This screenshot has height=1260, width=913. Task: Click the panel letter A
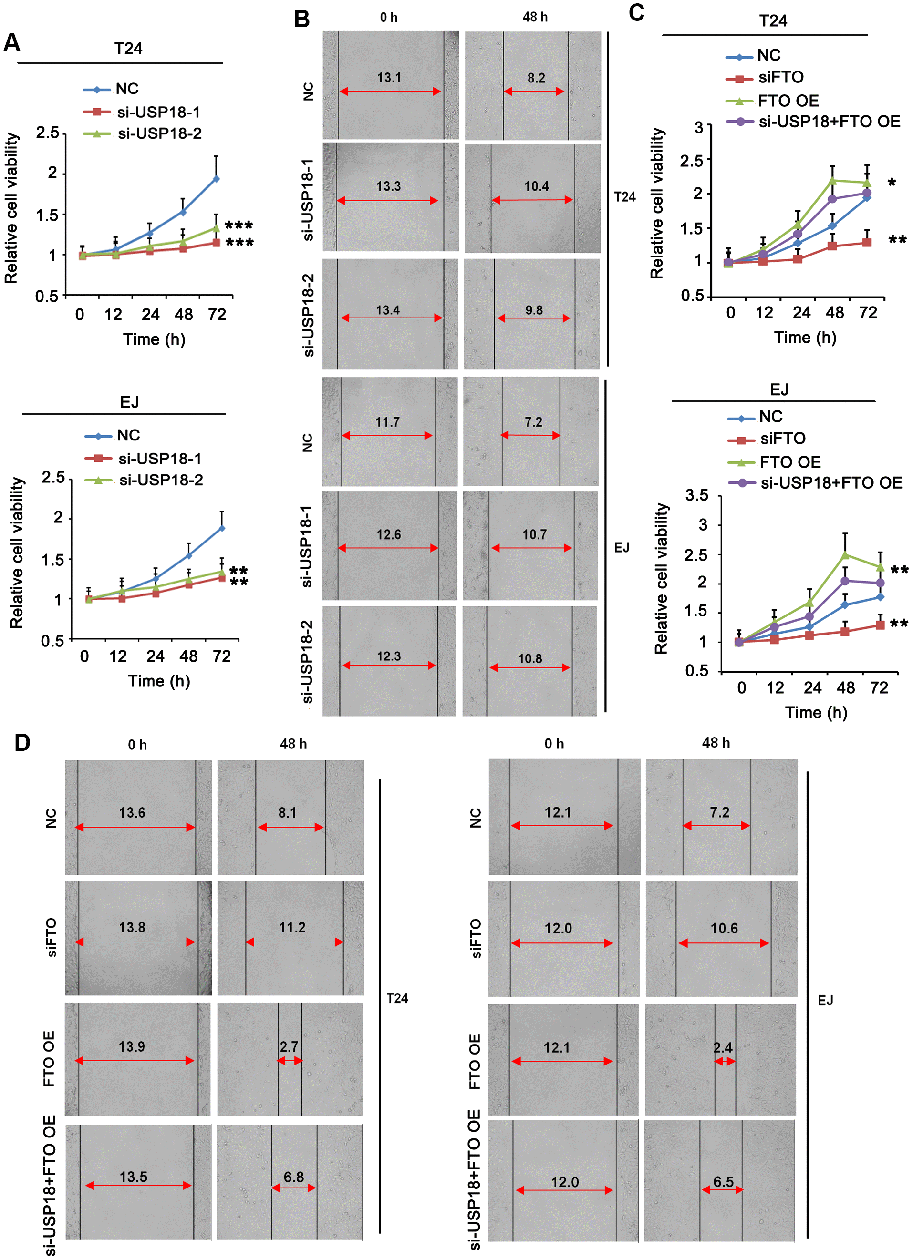(12, 43)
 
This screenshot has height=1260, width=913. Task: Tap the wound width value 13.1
(389, 78)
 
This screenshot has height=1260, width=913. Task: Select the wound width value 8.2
(536, 78)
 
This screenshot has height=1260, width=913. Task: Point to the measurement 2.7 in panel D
(289, 1047)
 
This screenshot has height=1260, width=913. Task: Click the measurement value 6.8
(293, 1177)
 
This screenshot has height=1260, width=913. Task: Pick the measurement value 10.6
(724, 928)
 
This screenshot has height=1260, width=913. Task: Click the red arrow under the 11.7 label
(387, 436)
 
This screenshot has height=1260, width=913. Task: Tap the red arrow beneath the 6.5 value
(722, 1190)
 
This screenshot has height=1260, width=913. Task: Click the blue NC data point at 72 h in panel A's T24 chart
(216, 179)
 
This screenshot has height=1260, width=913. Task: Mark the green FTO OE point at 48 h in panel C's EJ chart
(845, 554)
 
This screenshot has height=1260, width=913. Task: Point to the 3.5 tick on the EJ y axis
(697, 495)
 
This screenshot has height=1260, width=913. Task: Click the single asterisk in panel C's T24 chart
(892, 183)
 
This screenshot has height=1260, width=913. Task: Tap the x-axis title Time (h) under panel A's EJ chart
(159, 681)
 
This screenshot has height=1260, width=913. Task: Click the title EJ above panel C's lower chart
(778, 389)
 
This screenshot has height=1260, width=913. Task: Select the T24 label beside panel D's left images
(397, 998)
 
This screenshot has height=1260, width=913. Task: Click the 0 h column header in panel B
(389, 18)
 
